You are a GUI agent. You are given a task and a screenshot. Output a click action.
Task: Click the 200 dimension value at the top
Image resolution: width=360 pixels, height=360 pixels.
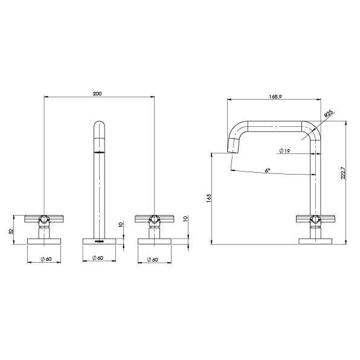(98, 94)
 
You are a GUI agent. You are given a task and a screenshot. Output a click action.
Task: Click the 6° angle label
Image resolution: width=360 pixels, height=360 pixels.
(268, 170)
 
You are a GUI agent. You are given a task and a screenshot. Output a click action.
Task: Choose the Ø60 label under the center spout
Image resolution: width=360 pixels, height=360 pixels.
(98, 260)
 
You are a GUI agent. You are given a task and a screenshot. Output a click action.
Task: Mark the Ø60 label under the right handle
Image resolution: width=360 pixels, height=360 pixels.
(154, 260)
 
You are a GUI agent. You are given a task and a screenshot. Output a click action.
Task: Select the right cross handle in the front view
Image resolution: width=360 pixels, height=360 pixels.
(155, 218)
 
